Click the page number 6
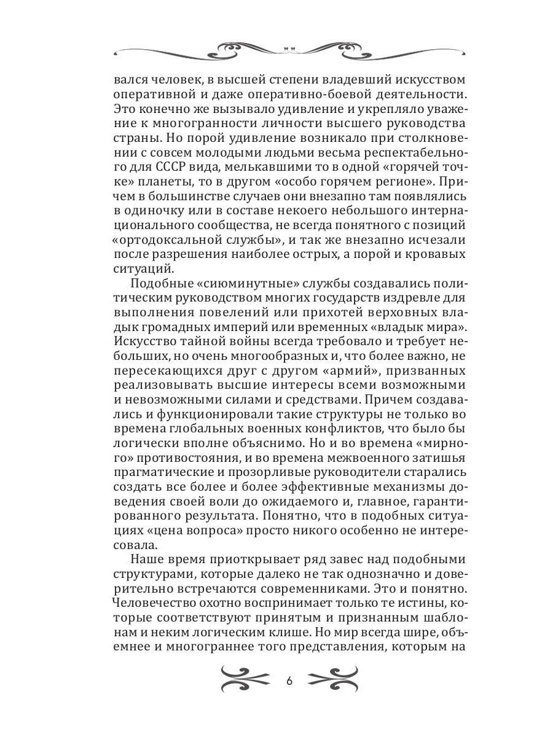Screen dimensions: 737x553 [x=290, y=682]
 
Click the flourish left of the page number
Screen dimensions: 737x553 [x=245, y=681]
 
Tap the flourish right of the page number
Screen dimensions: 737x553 [x=334, y=681]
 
